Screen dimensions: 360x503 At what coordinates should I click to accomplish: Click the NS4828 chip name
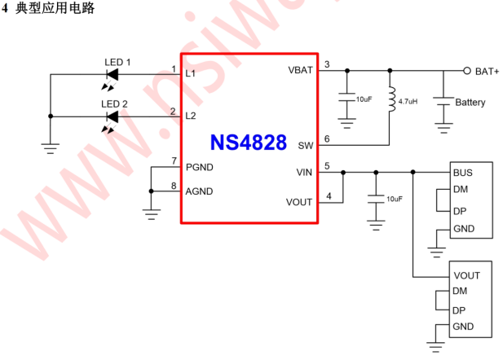(x=248, y=143)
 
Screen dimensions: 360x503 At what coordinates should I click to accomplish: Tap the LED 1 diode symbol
(x=113, y=75)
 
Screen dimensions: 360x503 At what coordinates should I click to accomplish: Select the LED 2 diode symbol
(x=113, y=116)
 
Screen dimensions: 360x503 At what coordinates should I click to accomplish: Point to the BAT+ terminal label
(x=487, y=71)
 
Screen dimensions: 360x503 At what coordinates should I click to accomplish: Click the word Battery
(x=470, y=103)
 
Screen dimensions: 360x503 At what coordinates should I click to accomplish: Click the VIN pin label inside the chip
(x=304, y=172)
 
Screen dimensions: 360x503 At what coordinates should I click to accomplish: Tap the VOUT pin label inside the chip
(x=299, y=202)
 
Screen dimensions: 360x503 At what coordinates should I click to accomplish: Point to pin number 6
(x=327, y=138)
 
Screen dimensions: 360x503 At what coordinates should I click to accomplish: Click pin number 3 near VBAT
(x=327, y=64)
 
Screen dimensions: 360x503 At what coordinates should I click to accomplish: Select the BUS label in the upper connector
(x=463, y=173)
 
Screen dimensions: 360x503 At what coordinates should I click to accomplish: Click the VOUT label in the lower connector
(x=466, y=276)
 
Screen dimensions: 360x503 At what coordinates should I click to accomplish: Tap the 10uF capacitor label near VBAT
(x=364, y=99)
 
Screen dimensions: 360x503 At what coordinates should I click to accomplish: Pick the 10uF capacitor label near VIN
(x=395, y=199)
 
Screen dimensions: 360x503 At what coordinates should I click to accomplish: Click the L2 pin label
(x=191, y=116)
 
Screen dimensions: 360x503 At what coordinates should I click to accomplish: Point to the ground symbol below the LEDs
(x=51, y=149)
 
